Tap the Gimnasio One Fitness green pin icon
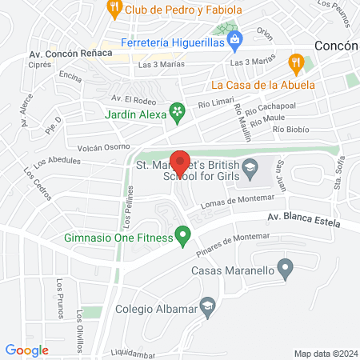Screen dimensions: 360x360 tap(183, 236)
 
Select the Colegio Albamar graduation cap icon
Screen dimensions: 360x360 tap(208, 306)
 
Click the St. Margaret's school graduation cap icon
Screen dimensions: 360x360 tap(250, 167)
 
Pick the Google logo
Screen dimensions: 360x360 tap(27, 350)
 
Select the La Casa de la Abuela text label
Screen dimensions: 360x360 tap(262, 83)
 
